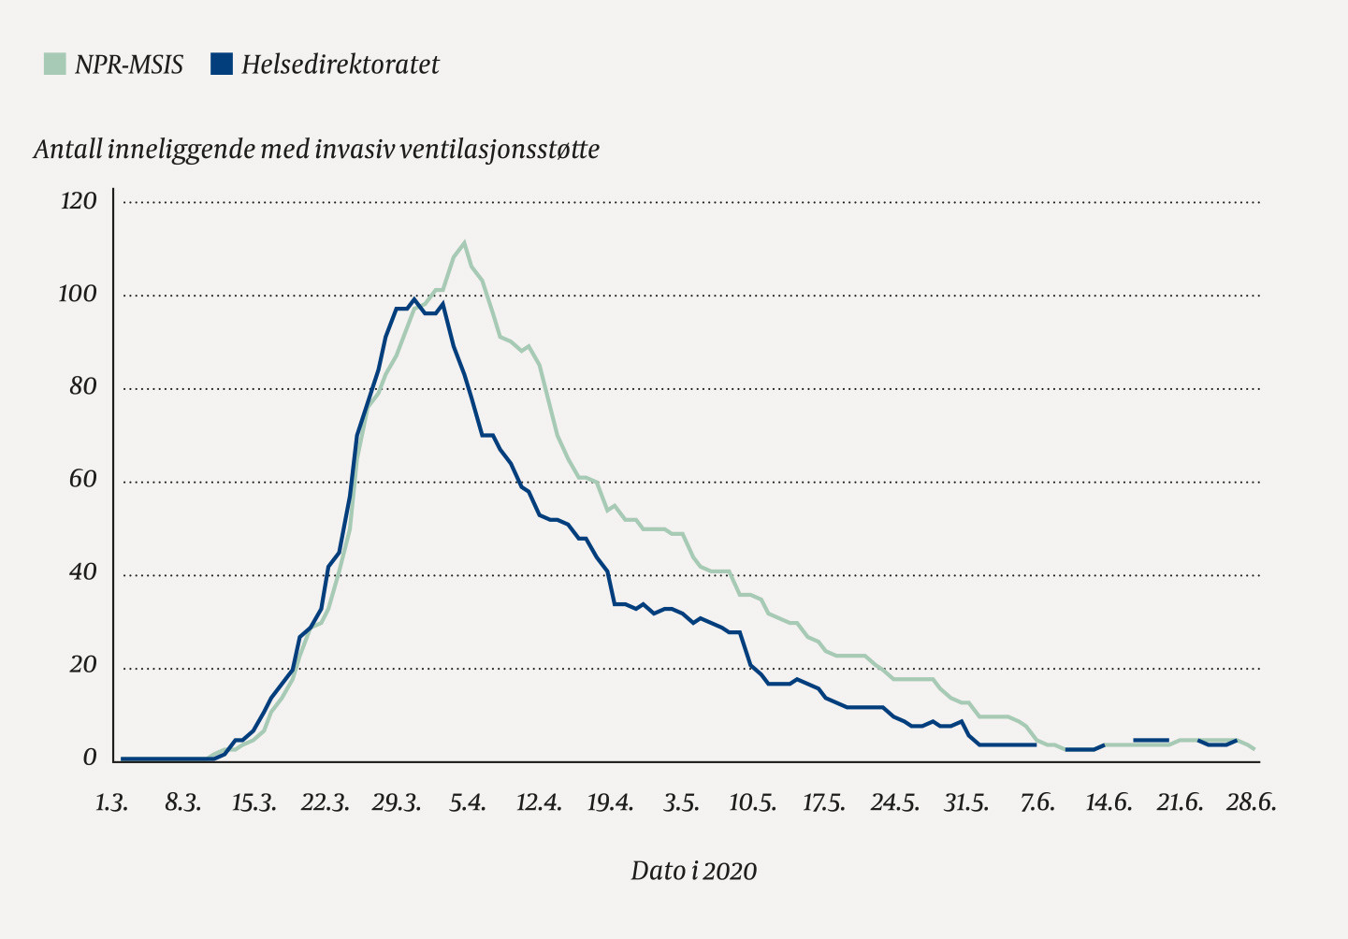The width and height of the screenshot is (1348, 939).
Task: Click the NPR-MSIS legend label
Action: coord(129,65)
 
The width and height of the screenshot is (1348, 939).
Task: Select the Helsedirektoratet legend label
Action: coord(340,65)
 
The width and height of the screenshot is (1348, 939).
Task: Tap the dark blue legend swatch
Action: coord(222,64)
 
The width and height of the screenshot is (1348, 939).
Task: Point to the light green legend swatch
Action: coord(55,64)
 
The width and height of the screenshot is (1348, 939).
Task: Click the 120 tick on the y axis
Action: coord(79,201)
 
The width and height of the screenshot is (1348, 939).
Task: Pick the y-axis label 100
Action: coord(79,295)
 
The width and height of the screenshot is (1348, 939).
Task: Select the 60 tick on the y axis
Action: coord(83,480)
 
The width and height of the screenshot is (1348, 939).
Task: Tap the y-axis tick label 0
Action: coord(90,758)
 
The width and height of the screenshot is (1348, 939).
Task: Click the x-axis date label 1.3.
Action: coord(111,803)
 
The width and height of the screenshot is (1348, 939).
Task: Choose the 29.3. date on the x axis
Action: coord(395,803)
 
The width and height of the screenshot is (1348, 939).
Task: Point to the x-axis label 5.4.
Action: coord(468,803)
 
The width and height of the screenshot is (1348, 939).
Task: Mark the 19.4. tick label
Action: coord(610,803)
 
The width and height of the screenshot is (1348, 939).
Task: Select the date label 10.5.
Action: coord(753,803)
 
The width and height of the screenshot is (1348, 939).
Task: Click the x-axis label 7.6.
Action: coord(1037,803)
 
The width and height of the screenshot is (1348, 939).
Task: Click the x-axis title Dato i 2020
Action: coord(693,872)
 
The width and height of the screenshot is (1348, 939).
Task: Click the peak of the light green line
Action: coord(464,242)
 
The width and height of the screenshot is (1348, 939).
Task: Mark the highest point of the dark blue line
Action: coord(413,299)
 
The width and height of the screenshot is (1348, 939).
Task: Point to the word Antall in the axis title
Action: coord(67,150)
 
